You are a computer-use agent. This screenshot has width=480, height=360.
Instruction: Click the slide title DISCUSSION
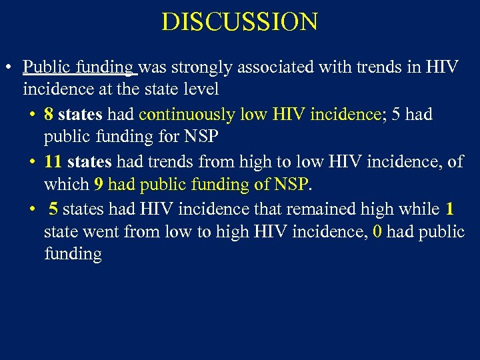(239, 22)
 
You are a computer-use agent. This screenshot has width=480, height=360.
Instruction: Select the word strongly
(198, 67)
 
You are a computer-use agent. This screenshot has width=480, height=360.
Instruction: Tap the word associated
(279, 67)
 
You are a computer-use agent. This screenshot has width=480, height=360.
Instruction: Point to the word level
(201, 89)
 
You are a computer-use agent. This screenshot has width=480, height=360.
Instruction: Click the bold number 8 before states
(49, 115)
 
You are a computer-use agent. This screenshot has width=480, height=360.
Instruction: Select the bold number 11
(53, 162)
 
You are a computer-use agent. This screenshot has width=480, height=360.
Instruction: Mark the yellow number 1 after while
(449, 209)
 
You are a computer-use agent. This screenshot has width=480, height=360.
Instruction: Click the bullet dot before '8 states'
(33, 115)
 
